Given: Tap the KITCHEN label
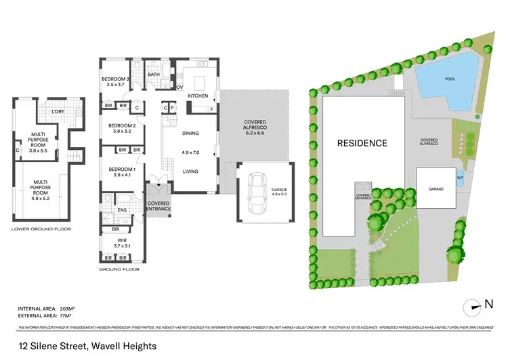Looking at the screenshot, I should pyautogui.click(x=198, y=96).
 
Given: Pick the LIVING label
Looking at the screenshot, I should pyautogui.click(x=191, y=172).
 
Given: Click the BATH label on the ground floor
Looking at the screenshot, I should pyautogui.click(x=154, y=75).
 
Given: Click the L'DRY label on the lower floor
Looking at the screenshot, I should pyautogui.click(x=57, y=111).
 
